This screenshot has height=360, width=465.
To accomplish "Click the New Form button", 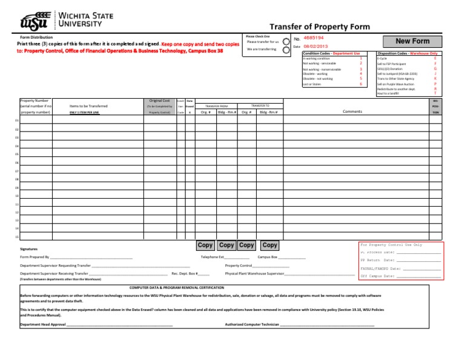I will [412, 41].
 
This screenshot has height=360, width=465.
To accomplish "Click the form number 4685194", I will [314, 38].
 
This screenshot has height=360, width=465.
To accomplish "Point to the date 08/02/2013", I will [315, 47].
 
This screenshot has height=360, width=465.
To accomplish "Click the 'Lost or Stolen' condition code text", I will [313, 84].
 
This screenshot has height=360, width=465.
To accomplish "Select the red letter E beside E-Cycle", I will [435, 58].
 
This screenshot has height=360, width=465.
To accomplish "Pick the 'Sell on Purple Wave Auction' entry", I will [395, 84].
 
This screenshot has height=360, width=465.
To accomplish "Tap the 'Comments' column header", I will [352, 112].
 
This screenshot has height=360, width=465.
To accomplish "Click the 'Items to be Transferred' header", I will [88, 106].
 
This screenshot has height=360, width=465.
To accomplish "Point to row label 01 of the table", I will [17, 121].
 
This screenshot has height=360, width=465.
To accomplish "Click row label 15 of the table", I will [17, 237].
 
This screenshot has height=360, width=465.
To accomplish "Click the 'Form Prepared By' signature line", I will [91, 258].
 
